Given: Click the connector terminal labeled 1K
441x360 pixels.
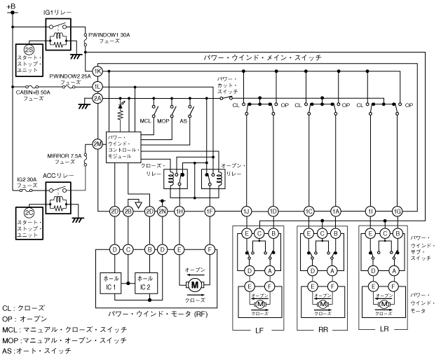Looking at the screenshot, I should (97, 72).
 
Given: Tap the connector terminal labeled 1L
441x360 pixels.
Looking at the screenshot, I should (97, 85).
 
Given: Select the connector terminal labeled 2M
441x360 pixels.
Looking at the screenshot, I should (97, 144).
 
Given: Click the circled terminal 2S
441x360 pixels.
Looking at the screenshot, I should (29, 50).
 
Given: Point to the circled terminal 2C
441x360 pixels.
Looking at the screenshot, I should (29, 213).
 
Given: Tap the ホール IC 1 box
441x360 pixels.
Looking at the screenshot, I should (113, 284).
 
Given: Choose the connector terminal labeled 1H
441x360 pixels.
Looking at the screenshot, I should (179, 211).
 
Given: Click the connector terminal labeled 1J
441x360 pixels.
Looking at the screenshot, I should (245, 211).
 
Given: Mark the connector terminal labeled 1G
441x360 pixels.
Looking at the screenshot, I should (398, 211).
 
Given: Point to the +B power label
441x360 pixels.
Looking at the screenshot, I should (10, 6).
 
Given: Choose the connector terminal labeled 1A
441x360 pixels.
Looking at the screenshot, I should (336, 211).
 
